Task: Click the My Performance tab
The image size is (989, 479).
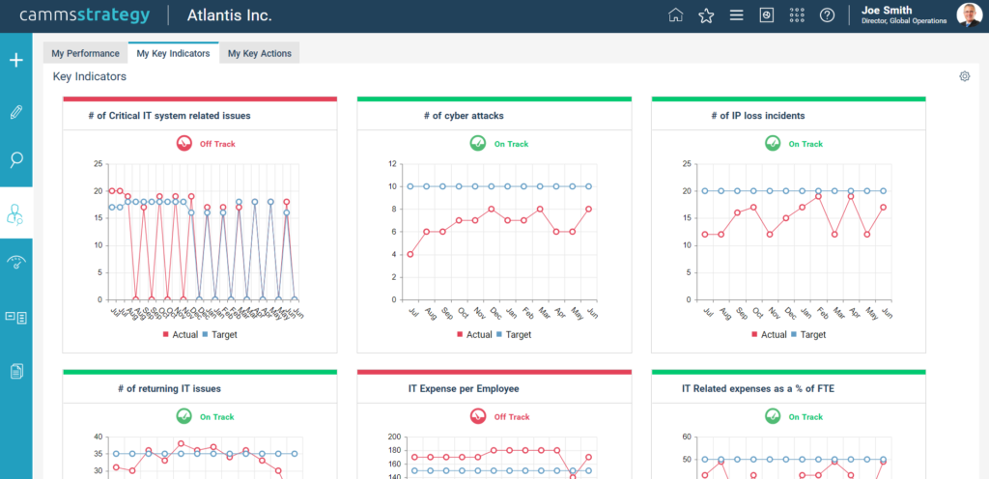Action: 85,53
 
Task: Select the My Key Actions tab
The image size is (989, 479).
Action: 260,53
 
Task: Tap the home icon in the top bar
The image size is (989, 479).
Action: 676,15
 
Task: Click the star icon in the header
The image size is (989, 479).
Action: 706,15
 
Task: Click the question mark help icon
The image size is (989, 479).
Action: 827,15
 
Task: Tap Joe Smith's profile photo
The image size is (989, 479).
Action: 969,15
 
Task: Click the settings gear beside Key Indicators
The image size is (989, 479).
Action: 964,76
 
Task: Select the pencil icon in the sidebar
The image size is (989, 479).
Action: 15,112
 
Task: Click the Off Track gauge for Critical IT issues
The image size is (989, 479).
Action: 184,144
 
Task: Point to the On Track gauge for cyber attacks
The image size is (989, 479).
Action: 477,144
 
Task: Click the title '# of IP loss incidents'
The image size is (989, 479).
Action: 757,116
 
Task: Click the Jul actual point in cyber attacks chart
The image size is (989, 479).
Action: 410,254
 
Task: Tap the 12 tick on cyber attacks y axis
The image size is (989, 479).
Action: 393,164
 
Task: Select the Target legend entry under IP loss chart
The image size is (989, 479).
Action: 808,335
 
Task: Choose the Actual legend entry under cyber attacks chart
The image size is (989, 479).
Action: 474,335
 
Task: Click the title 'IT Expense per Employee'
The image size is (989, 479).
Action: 464,389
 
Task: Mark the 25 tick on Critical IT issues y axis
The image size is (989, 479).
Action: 98,164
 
